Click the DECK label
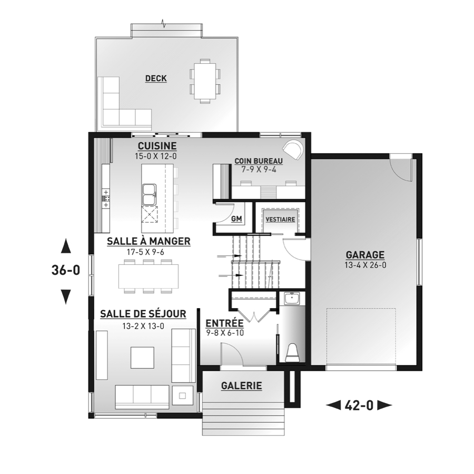point(156,78)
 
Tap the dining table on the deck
point(205,81)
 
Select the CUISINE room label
point(157,146)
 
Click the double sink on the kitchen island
point(150,194)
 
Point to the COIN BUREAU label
point(259,161)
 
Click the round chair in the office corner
point(292,150)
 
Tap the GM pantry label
point(236,219)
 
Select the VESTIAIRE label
point(280,219)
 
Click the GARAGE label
point(365,255)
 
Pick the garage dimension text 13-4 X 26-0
point(365,265)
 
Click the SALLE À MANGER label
point(149,241)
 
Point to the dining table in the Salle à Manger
point(149,276)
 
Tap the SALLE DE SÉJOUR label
point(143,314)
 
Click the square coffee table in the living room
point(143,358)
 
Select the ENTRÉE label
point(224,323)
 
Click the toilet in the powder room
point(292,352)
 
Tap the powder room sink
point(292,299)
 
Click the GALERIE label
point(242,386)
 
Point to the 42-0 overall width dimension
point(359,406)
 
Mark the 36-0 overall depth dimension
point(66,270)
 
